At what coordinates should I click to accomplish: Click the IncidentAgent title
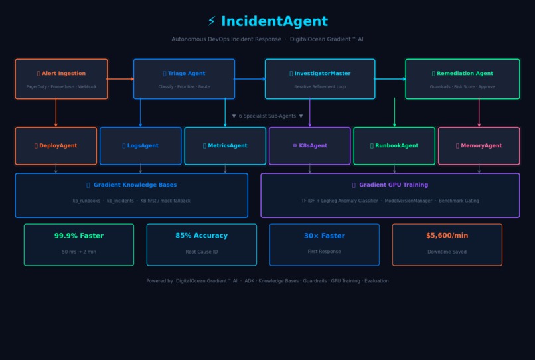click(x=267, y=22)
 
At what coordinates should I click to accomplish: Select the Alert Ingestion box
click(x=61, y=79)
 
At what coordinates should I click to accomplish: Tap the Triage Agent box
click(x=184, y=79)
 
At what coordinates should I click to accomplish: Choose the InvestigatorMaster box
click(x=320, y=79)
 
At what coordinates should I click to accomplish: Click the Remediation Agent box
click(x=463, y=79)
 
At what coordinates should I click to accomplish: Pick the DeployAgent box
click(x=56, y=146)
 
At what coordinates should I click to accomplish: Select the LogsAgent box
click(x=141, y=146)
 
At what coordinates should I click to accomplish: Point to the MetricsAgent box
click(x=225, y=146)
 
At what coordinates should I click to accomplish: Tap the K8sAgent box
click(x=310, y=146)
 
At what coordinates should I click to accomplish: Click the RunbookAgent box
click(x=394, y=146)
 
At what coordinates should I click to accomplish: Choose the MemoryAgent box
click(x=479, y=146)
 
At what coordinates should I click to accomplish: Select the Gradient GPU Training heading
click(x=390, y=185)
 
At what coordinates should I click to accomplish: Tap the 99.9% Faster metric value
click(x=79, y=236)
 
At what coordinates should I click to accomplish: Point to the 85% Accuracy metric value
click(x=202, y=236)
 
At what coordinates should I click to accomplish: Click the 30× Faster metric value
click(x=325, y=236)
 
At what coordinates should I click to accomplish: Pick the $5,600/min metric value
click(x=447, y=236)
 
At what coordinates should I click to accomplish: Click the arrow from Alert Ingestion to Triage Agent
click(x=120, y=79)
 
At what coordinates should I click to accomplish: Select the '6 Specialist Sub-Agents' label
click(x=267, y=116)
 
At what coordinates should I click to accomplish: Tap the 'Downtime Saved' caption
click(x=447, y=252)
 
